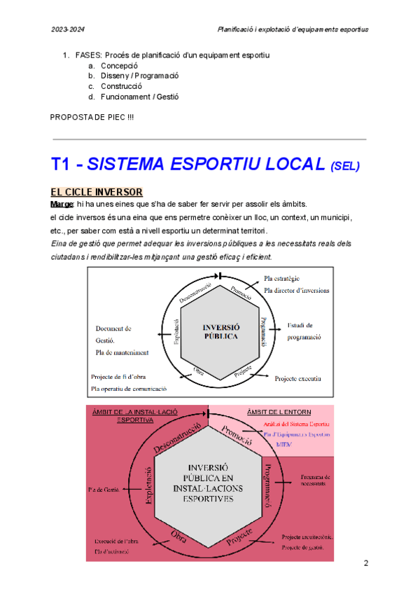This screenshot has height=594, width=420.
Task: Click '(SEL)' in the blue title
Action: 344,167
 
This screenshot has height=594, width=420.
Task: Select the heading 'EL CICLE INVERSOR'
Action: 97,192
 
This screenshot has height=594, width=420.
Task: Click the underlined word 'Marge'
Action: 62,204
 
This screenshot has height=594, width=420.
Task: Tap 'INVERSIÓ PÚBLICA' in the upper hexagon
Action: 220,331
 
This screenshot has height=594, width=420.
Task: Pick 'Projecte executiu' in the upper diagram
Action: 297,378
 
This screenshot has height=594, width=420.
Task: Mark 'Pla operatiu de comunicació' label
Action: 128,388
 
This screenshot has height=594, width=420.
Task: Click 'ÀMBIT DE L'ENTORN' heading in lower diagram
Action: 280,411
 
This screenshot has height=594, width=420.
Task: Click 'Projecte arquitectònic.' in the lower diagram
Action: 308,537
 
